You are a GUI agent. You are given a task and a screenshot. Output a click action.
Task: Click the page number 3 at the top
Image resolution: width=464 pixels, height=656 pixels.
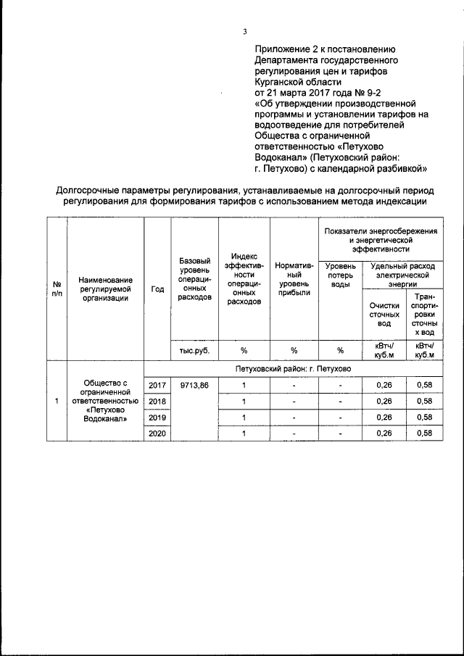[x=246, y=31]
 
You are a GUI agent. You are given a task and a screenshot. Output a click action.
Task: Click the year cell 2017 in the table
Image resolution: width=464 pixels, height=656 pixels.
[x=157, y=385]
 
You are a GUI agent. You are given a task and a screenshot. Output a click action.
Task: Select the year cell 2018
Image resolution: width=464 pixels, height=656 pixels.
[x=157, y=402]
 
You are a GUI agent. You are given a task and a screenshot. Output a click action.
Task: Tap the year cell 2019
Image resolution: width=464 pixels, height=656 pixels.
[x=157, y=418]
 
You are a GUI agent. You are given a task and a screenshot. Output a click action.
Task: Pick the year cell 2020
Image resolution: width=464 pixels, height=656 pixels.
[x=157, y=433]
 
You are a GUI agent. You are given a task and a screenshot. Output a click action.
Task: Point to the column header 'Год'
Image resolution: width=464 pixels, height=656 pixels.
[x=157, y=288]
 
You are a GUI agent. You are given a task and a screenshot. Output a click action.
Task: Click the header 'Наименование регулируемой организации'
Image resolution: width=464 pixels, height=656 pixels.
[x=106, y=288]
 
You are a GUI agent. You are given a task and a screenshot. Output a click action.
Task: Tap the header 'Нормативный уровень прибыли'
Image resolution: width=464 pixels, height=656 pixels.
[x=294, y=282]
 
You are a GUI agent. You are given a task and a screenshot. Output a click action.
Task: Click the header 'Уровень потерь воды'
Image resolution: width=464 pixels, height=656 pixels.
[x=340, y=276]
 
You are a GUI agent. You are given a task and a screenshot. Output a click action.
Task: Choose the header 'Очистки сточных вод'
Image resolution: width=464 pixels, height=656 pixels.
[x=384, y=315]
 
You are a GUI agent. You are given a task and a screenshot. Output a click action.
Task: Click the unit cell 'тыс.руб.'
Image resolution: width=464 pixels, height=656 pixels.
[x=194, y=351]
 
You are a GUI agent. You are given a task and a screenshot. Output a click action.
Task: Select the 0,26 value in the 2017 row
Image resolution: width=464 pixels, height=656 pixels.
[x=384, y=385]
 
